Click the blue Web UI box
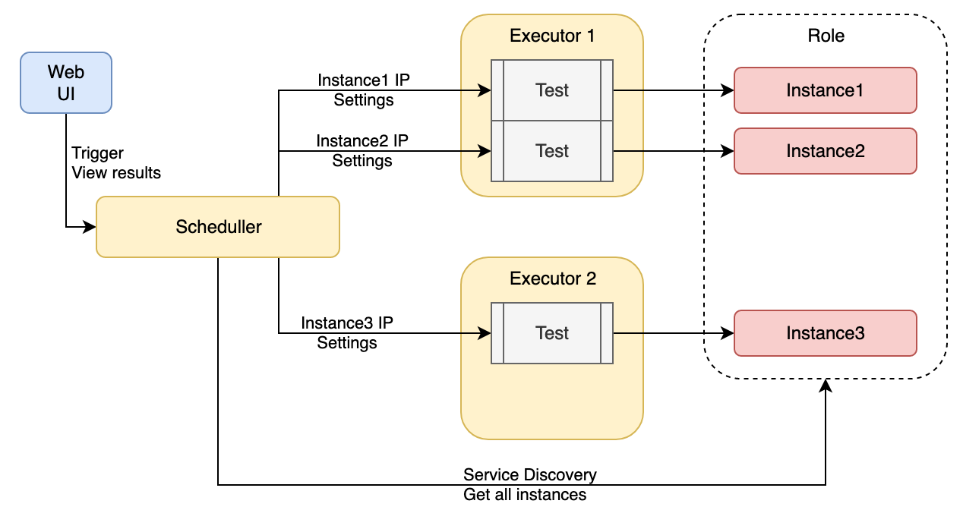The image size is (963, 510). [x=66, y=83]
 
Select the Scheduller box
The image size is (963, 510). [x=218, y=227]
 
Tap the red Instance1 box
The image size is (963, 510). [x=826, y=90]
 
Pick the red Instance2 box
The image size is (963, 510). [x=826, y=151]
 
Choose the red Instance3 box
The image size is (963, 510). [x=826, y=333]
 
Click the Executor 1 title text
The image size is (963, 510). [x=552, y=36]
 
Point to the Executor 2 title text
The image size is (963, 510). [x=553, y=279]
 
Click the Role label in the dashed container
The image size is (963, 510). [x=826, y=36]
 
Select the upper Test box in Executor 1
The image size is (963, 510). [x=552, y=90]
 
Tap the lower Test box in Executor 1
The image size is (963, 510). [x=552, y=151]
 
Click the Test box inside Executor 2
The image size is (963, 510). [x=552, y=333]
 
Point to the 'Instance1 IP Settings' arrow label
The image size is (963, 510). [x=364, y=90]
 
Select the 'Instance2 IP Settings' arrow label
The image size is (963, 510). [x=362, y=150]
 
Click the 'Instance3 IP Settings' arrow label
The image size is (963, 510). [x=347, y=332]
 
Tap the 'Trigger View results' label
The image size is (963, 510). [x=116, y=163]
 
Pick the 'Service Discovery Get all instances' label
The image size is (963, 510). [x=530, y=485]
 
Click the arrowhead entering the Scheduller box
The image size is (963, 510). [x=90, y=227]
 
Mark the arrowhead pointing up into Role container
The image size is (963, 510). [x=826, y=386]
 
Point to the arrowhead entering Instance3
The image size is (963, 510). [x=728, y=333]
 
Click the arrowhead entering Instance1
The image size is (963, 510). [x=728, y=90]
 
